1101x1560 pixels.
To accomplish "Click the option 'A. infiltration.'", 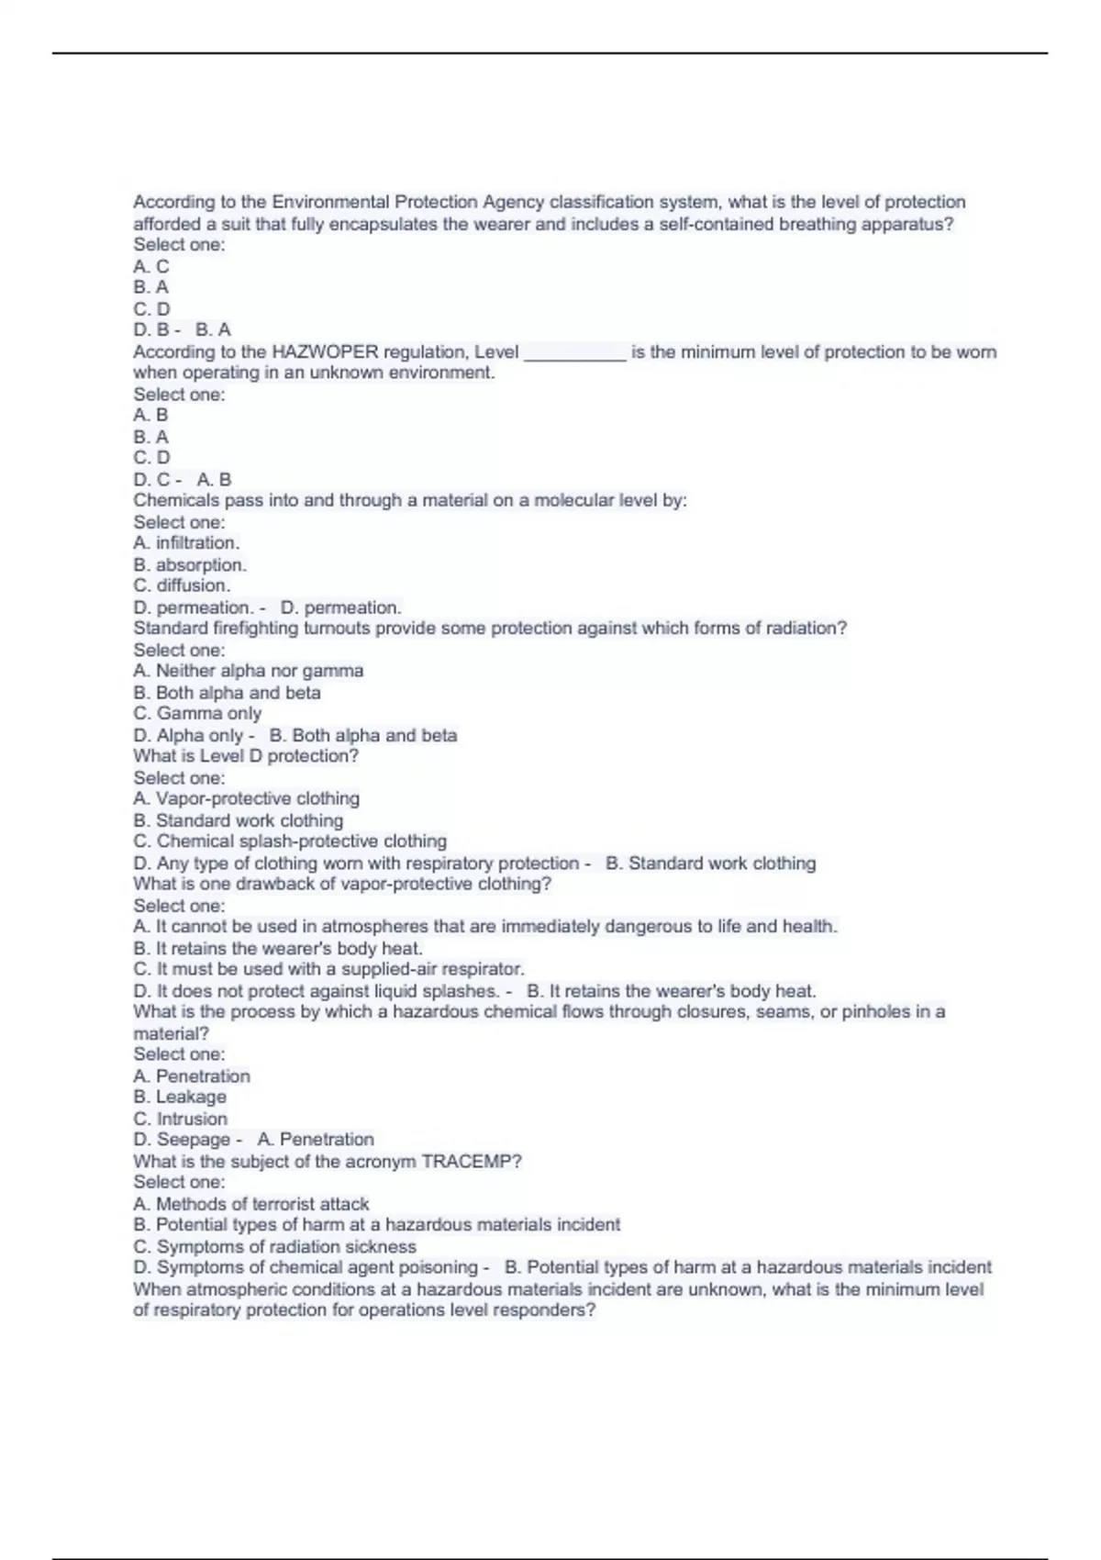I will tap(186, 542).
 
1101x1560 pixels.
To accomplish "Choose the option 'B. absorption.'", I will tap(190, 564).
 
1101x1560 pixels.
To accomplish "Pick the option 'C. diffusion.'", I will tap(182, 585).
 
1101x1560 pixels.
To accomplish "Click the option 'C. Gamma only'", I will tap(197, 713).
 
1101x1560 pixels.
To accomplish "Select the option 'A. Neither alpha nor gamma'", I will tap(248, 671).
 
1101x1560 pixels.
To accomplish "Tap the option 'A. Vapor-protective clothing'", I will tap(246, 798).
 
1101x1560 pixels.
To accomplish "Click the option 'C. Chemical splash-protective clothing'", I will tap(290, 841).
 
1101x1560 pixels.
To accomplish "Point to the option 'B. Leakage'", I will tap(180, 1097).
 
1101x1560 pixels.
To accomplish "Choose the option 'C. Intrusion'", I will tap(180, 1119).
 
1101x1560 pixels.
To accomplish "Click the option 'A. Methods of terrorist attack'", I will tap(250, 1203).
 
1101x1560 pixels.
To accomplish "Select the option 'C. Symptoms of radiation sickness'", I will tap(274, 1246).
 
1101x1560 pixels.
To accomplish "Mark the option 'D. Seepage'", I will tap(182, 1139).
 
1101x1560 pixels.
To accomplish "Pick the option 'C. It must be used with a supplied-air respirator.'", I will tap(328, 969).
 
